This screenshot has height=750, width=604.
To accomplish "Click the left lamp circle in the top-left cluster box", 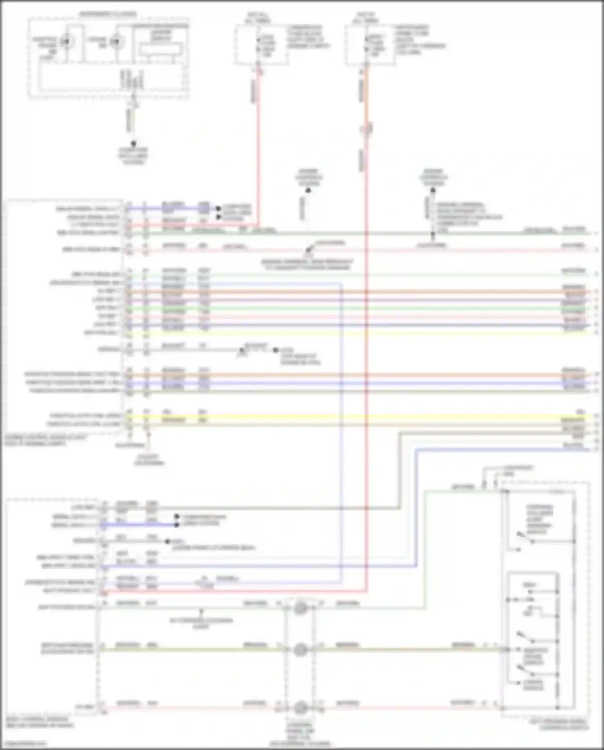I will pyautogui.click(x=65, y=42).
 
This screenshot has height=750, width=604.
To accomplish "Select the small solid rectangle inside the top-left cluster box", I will pyautogui.click(x=161, y=49).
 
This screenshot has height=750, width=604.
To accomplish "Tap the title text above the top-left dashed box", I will pyautogui.click(x=108, y=15).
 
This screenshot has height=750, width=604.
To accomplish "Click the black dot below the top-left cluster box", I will pyautogui.click(x=133, y=143).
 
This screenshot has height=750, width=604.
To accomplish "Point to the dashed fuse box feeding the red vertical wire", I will pyautogui.click(x=261, y=44).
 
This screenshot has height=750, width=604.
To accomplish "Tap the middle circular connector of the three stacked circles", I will pyautogui.click(x=300, y=650).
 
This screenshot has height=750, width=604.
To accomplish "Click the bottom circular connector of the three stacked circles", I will pyautogui.click(x=300, y=708).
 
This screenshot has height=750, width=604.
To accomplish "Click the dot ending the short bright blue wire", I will pyautogui.click(x=176, y=525).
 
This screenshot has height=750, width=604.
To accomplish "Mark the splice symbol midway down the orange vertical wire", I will pyautogui.click(x=367, y=129).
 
